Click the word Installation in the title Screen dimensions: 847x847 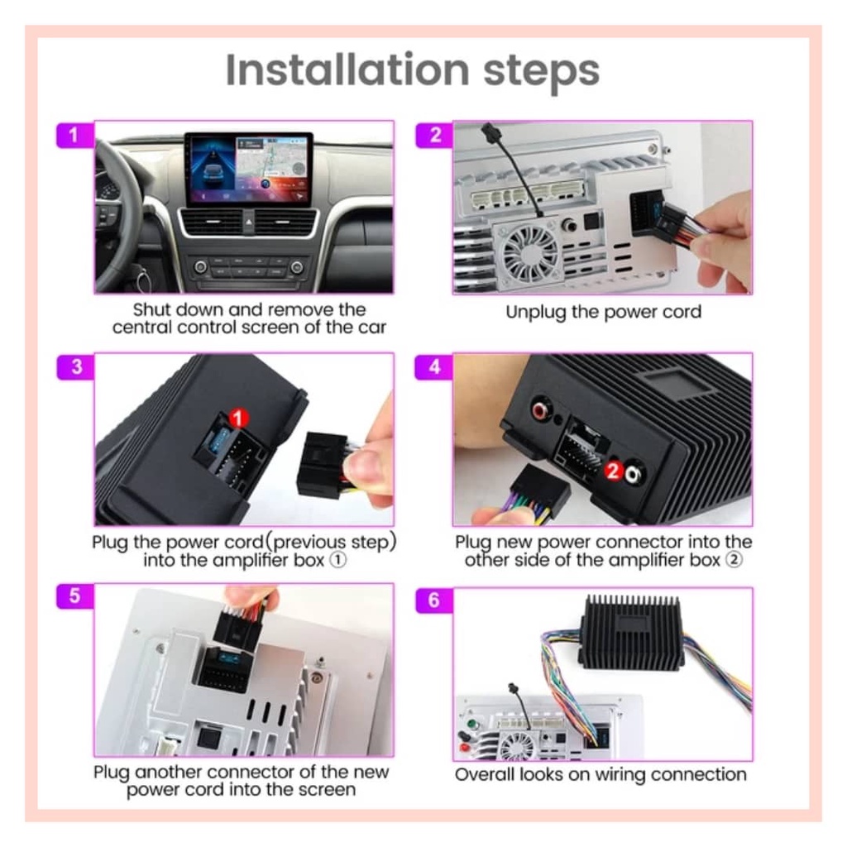(347, 69)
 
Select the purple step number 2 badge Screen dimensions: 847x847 (434, 135)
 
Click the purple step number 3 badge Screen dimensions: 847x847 (75, 367)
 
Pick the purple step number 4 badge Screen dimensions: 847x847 (433, 367)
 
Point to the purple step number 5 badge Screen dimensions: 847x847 (75, 596)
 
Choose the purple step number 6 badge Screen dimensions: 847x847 (433, 600)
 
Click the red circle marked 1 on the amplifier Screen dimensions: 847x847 (238, 418)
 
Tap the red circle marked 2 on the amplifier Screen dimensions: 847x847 (613, 471)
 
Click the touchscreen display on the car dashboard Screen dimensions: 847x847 (248, 169)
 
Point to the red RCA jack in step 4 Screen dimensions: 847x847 (540, 410)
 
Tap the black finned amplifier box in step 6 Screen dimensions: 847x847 (631, 631)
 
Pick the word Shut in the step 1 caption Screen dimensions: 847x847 (151, 309)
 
